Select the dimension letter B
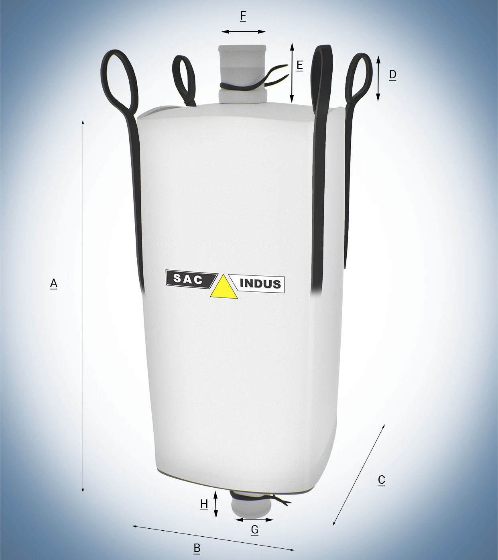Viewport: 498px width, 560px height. [197, 548]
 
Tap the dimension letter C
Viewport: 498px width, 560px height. [381, 480]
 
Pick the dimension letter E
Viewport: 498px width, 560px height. [300, 66]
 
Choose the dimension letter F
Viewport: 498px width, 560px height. [243, 16]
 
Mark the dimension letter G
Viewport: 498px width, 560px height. [254, 529]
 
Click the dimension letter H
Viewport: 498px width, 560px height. [204, 504]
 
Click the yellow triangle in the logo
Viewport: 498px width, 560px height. [224, 287]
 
